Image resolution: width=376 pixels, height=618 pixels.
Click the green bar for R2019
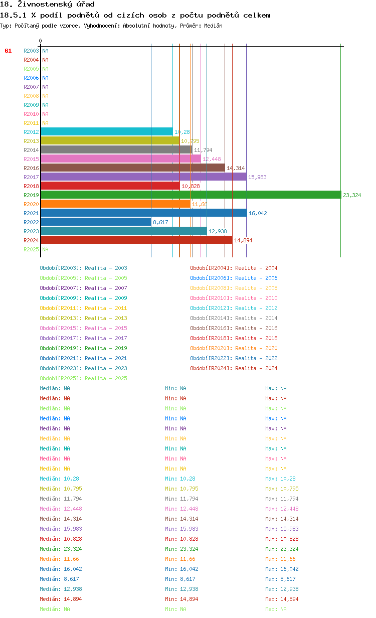pos(191,195)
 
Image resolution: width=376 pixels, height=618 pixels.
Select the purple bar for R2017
pos(143,177)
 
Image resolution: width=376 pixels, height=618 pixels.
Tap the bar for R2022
pos(96,222)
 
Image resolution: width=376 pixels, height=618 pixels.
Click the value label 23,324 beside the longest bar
pos(352,195)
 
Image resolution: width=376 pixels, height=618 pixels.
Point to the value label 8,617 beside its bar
pos(160,222)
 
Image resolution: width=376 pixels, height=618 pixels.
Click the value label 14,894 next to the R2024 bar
pos(243,240)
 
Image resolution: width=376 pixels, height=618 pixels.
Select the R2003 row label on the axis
pos(31,51)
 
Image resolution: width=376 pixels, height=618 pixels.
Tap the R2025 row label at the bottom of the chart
pos(31,249)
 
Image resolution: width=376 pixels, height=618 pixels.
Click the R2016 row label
pos(31,168)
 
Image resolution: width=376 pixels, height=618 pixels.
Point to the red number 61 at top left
pos(8,51)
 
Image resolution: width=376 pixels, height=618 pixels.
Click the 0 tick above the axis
pos(41,41)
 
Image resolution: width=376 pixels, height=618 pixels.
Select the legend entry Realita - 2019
pos(84,348)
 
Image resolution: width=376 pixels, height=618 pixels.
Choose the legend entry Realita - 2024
pos(234,368)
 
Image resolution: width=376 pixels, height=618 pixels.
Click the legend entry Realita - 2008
pos(234,288)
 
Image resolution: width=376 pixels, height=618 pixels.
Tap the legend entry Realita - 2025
pos(84,378)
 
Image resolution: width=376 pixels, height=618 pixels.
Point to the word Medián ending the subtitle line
pos(214,26)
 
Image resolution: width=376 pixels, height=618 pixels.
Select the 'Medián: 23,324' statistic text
pos(61,549)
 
